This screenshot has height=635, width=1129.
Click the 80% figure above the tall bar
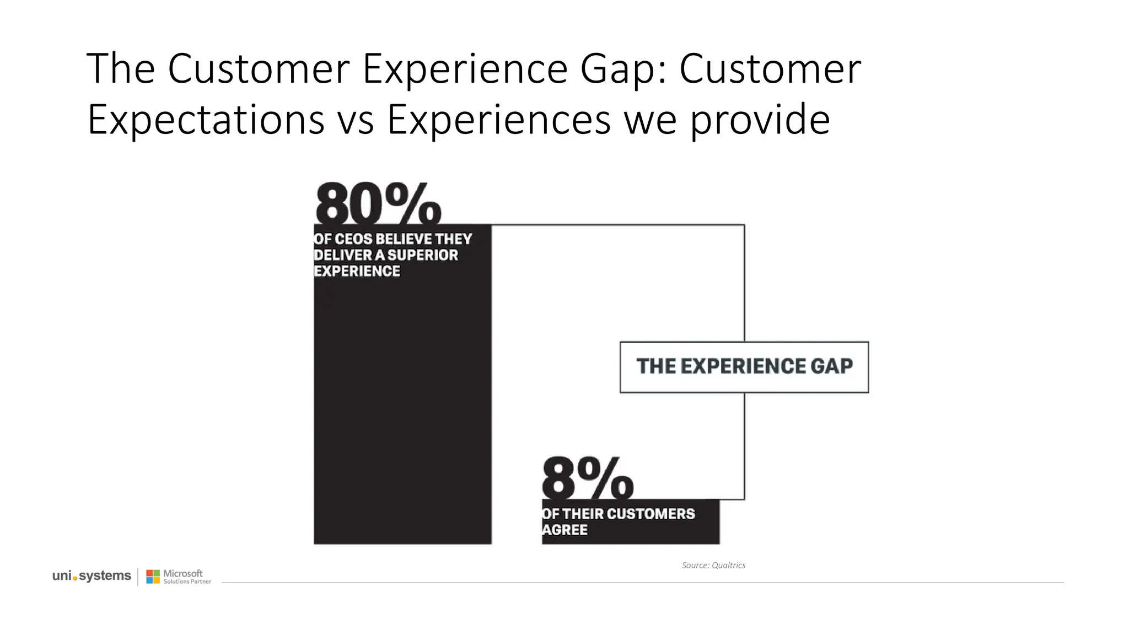378,204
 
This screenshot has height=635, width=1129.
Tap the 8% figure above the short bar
588,477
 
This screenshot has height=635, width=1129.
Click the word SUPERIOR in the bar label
423,255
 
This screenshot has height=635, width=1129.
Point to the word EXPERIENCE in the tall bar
357,271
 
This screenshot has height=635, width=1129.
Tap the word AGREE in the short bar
565,530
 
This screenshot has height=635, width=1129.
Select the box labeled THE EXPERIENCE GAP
744,367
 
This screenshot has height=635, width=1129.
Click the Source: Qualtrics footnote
713,565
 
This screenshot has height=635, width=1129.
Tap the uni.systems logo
92,576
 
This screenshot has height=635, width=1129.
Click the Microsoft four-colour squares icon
153,577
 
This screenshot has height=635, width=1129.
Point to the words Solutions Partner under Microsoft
187,582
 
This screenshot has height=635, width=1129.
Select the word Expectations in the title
206,120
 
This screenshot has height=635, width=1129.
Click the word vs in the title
356,120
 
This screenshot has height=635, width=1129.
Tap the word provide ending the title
760,120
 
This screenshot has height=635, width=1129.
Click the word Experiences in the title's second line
499,120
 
